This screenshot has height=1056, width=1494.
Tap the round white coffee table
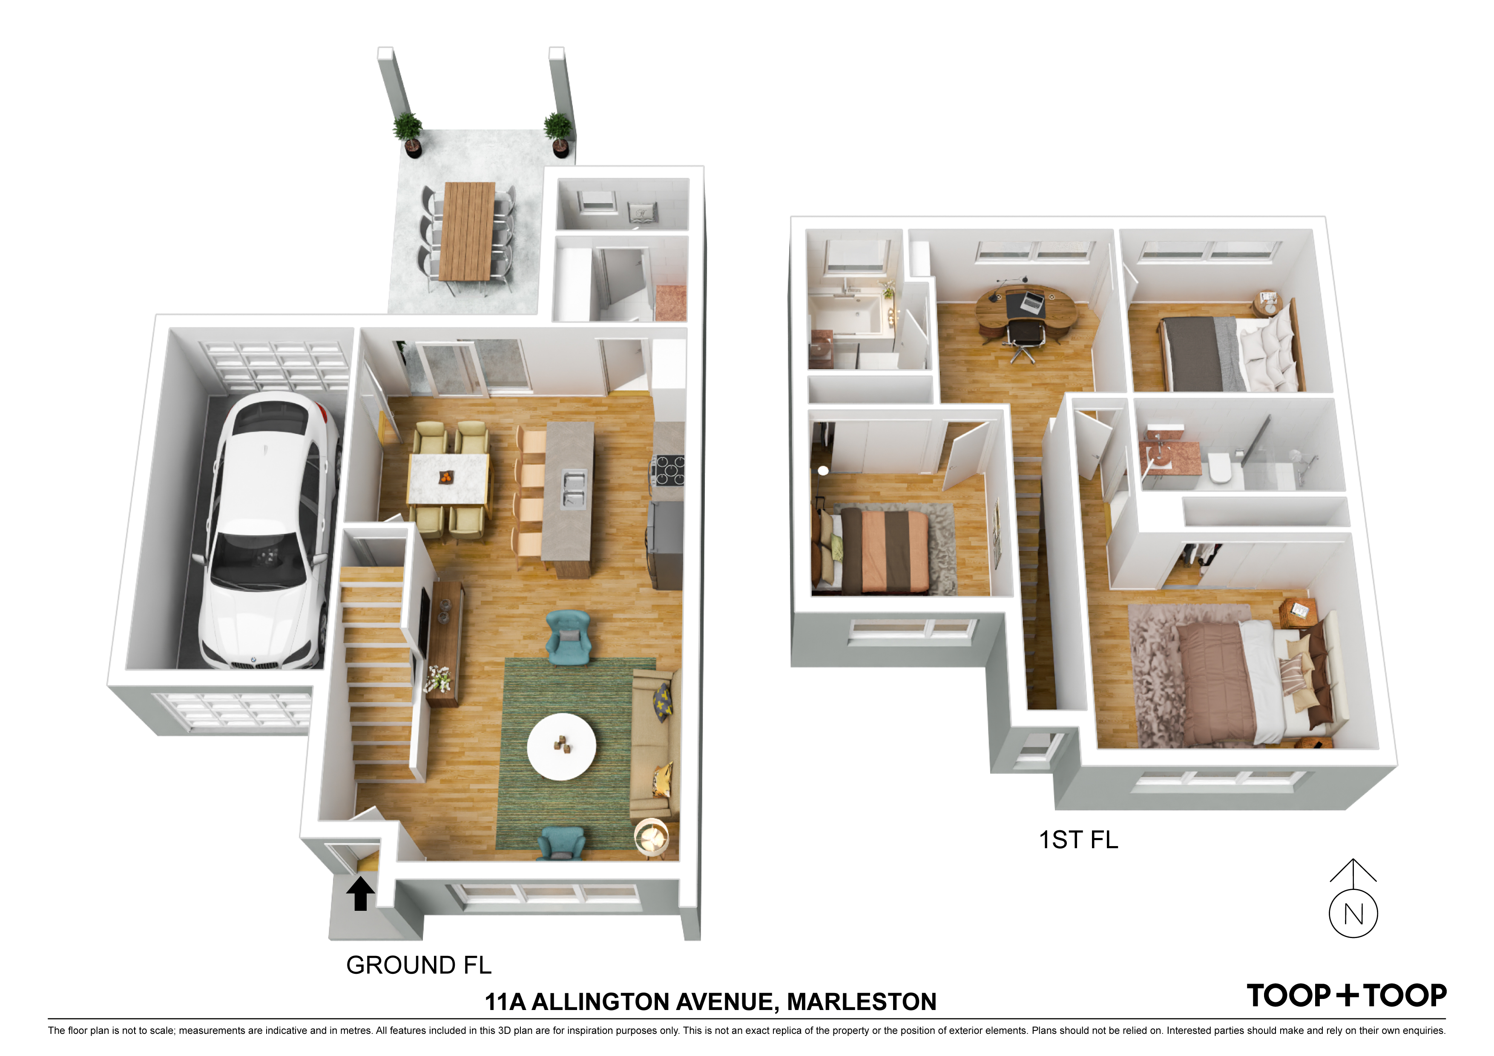(x=561, y=746)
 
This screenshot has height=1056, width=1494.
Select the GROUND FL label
(x=418, y=965)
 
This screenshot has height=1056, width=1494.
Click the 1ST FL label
(x=1078, y=840)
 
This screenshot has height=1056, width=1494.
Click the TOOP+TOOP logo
(x=1346, y=996)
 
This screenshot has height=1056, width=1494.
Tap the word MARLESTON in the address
(x=862, y=1002)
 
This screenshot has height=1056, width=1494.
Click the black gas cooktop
(x=668, y=470)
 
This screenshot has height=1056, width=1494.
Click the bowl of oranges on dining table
(x=446, y=478)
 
